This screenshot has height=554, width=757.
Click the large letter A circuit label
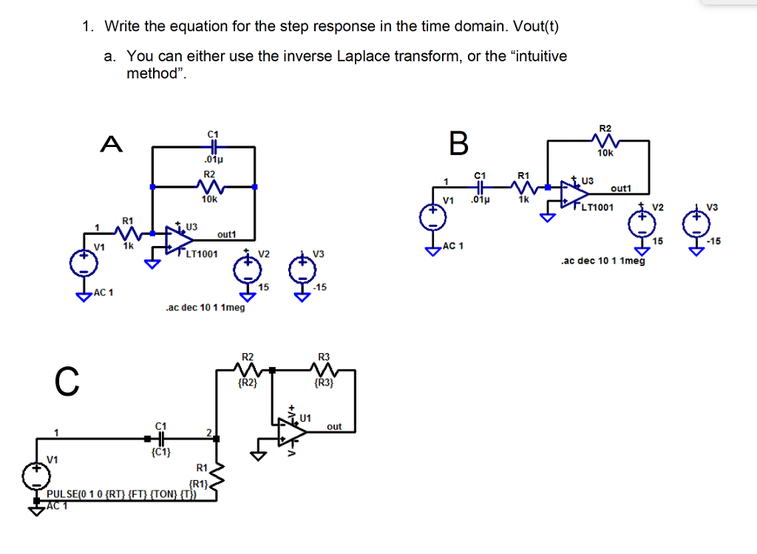[112, 146]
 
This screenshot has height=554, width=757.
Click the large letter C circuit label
[66, 381]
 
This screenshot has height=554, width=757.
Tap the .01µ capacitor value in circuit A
[213, 159]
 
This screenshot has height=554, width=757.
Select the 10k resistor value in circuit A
[210, 199]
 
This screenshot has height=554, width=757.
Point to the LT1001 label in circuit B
[597, 208]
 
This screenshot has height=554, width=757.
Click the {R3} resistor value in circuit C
[324, 383]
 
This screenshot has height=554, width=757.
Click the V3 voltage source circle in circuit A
[302, 270]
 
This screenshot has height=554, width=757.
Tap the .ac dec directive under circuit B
[602, 261]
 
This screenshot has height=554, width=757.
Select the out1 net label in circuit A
[225, 234]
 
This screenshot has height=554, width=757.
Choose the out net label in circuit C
[334, 426]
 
